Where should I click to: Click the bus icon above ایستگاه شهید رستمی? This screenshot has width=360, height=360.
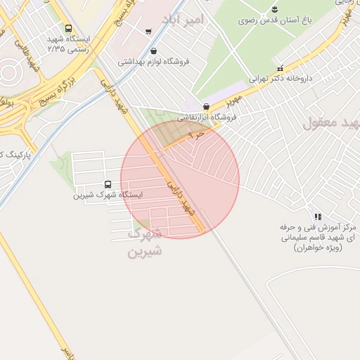click(68, 29)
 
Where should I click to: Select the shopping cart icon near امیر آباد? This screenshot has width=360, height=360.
click(148, 31)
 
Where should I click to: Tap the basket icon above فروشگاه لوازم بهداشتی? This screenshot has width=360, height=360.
click(154, 50)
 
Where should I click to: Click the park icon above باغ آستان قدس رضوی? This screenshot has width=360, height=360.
click(274, 9)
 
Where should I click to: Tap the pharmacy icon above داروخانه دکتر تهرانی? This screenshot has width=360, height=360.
click(281, 68)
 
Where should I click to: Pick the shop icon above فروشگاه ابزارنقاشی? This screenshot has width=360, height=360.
click(205, 105)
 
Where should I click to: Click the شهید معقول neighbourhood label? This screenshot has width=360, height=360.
click(331, 123)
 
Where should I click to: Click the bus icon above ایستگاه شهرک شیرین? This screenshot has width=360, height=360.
click(107, 184)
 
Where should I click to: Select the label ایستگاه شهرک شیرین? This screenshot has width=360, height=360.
click(108, 195)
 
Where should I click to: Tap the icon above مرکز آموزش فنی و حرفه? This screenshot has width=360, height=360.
click(318, 217)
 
